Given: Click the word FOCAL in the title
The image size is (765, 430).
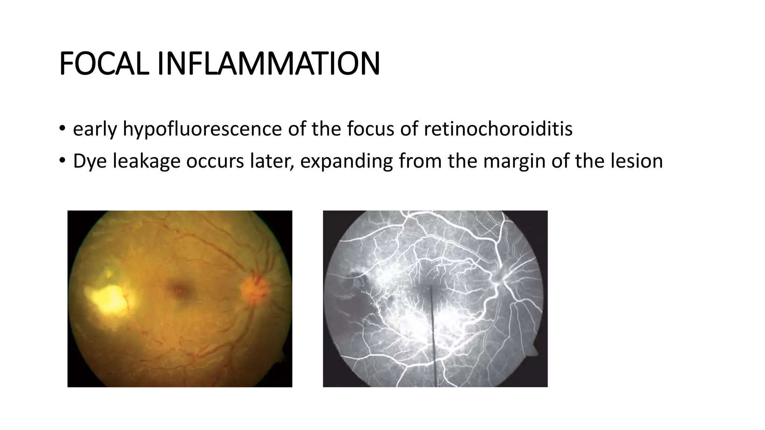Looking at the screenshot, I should (105, 64).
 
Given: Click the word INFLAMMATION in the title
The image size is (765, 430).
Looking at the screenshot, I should (268, 64).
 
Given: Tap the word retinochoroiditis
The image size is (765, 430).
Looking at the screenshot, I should (498, 129).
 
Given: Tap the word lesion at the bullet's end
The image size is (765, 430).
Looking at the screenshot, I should (637, 161).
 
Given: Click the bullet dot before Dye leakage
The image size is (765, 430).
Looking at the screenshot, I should (62, 161).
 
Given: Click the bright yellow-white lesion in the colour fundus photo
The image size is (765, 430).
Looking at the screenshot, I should (106, 299).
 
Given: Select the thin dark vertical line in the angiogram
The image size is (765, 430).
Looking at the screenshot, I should (433, 336).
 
